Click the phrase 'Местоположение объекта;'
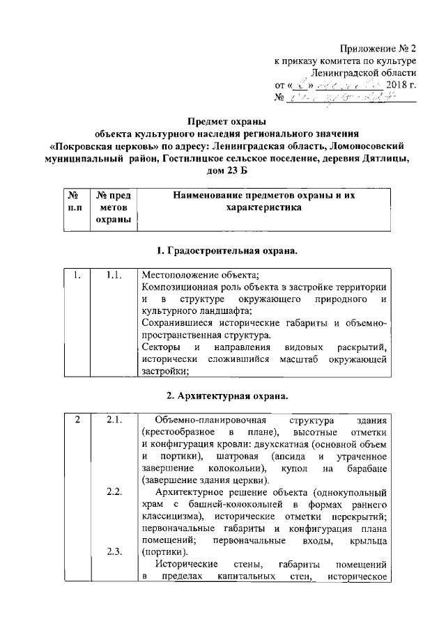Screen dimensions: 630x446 [194, 276]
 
